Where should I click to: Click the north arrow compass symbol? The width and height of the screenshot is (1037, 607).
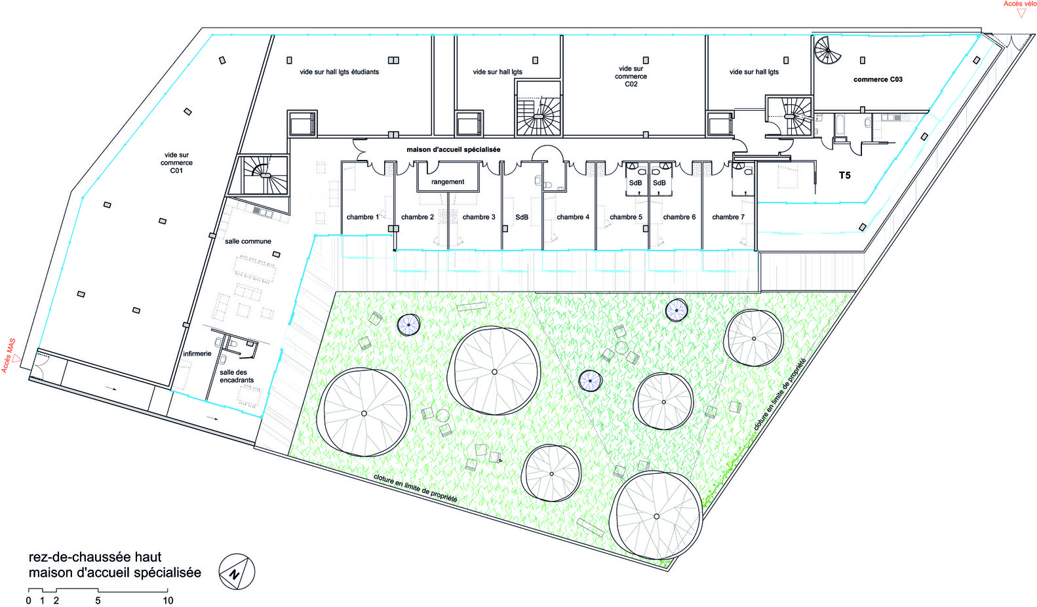click(x=237, y=572)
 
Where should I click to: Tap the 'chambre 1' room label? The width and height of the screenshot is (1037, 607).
click(x=363, y=217)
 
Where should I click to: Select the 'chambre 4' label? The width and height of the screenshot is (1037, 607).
click(x=573, y=217)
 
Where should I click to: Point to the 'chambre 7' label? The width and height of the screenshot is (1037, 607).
click(x=728, y=217)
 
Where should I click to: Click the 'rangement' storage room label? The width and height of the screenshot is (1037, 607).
click(x=448, y=182)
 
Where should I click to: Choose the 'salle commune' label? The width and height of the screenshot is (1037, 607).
click(x=248, y=241)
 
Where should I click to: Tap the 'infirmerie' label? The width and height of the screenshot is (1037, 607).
click(x=197, y=354)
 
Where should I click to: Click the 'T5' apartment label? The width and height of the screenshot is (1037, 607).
click(x=845, y=176)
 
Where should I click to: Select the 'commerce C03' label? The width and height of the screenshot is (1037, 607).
click(x=878, y=79)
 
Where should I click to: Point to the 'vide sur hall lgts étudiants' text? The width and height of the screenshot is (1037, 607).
click(x=340, y=72)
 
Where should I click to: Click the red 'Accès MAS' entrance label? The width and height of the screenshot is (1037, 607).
click(x=9, y=355)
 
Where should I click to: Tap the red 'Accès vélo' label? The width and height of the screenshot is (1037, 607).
click(x=1020, y=4)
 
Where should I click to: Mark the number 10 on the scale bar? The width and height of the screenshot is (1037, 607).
click(x=168, y=600)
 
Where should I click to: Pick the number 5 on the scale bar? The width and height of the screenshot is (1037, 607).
click(x=98, y=600)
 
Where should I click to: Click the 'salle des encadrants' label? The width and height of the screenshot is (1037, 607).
click(x=237, y=376)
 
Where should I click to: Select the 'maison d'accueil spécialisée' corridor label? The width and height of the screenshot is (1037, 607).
click(x=454, y=150)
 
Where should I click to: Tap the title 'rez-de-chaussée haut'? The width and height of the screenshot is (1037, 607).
click(x=95, y=557)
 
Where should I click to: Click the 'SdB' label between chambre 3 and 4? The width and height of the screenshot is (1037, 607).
click(x=522, y=217)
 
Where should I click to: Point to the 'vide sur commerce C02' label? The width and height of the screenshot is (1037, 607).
click(x=631, y=77)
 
